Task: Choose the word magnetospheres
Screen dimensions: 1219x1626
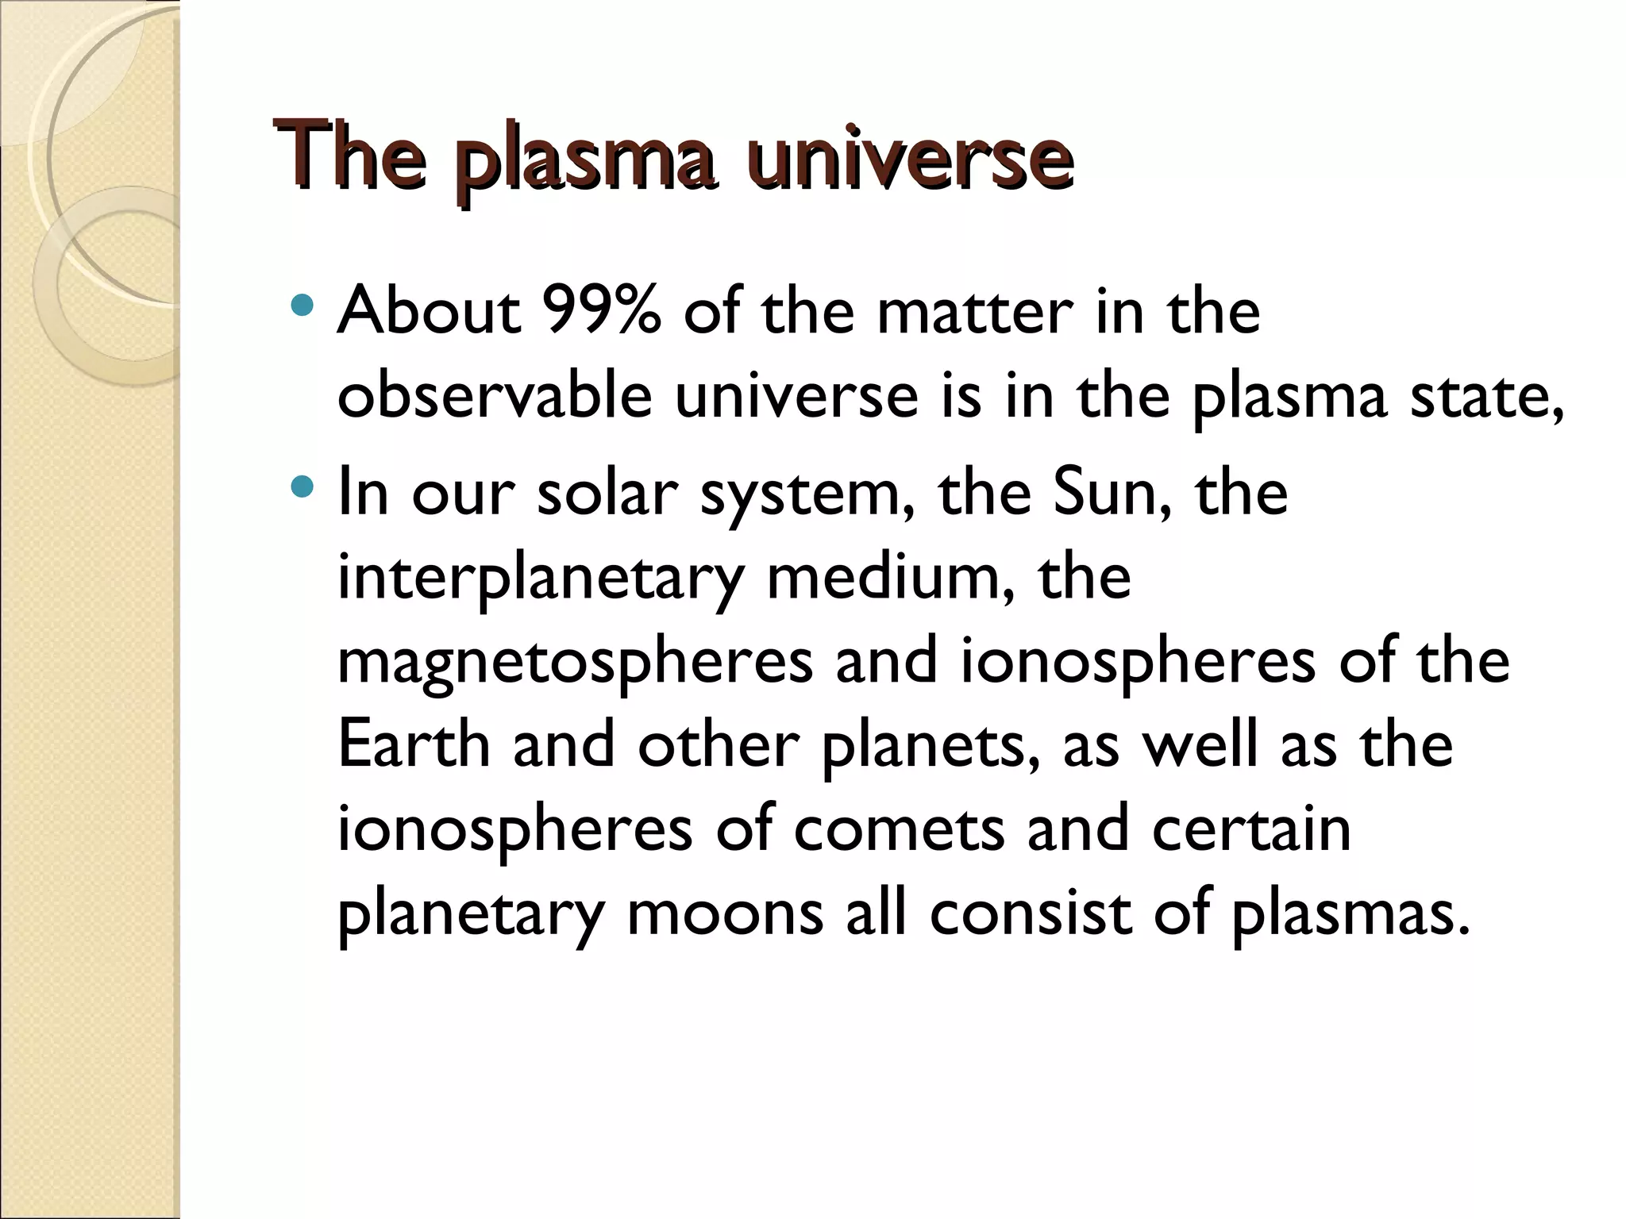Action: pos(575,663)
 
